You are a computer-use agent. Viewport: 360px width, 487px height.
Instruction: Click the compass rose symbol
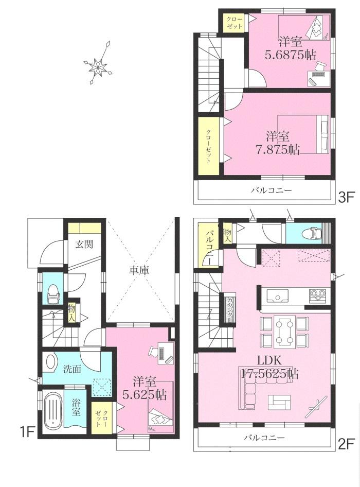click(98, 64)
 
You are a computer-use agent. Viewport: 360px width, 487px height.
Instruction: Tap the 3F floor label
click(346, 196)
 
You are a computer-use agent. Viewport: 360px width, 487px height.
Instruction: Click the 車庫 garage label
click(139, 270)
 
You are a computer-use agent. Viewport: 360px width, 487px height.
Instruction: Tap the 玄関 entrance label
click(84, 245)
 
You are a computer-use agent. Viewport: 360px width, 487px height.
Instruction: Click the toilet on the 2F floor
click(310, 233)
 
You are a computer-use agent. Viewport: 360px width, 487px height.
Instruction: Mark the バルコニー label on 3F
click(271, 190)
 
